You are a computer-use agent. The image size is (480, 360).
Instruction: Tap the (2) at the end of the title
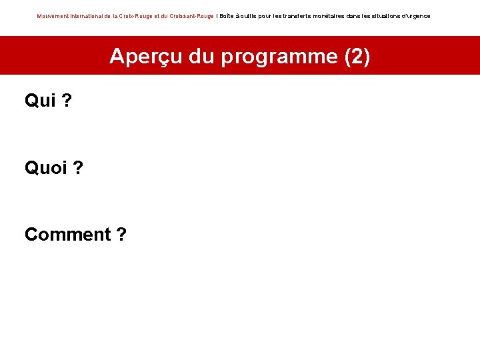[x=357, y=57]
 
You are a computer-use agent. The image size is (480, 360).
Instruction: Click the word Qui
[x=39, y=101]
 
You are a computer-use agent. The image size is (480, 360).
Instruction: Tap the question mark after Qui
[x=67, y=101]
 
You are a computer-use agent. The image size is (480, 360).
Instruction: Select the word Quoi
[x=45, y=168]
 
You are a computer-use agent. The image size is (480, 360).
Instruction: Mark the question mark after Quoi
[x=78, y=168]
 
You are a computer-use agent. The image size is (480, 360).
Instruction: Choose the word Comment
[x=67, y=235]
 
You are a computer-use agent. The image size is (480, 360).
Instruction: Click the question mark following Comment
[x=121, y=235]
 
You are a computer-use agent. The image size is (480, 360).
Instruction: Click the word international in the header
[x=86, y=16]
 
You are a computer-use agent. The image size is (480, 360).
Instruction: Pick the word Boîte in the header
[x=227, y=16]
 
